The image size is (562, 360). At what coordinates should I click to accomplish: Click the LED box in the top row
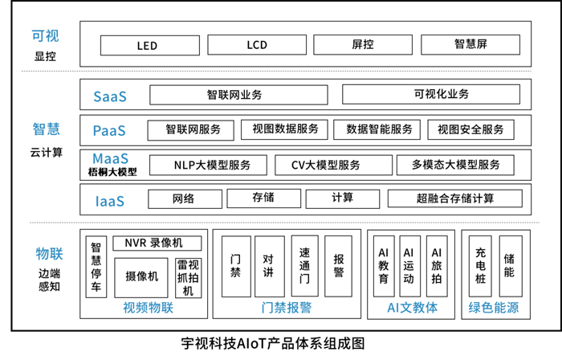(x=148, y=45)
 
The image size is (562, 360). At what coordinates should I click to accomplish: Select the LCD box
(x=256, y=45)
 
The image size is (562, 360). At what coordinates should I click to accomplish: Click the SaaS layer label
(x=110, y=96)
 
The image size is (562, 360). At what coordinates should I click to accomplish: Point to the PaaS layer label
(x=110, y=130)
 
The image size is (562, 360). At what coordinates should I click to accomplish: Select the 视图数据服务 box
(x=285, y=129)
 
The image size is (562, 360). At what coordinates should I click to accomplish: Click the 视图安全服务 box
(x=470, y=129)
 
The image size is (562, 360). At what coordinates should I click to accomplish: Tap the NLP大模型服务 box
(x=211, y=165)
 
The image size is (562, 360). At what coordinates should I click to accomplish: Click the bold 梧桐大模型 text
(x=112, y=172)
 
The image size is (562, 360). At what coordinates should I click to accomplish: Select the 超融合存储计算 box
(x=454, y=198)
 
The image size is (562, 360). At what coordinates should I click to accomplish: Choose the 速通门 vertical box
(x=304, y=265)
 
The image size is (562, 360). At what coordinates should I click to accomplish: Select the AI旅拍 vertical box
(x=435, y=265)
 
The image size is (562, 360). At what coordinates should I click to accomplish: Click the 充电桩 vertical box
(x=481, y=265)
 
